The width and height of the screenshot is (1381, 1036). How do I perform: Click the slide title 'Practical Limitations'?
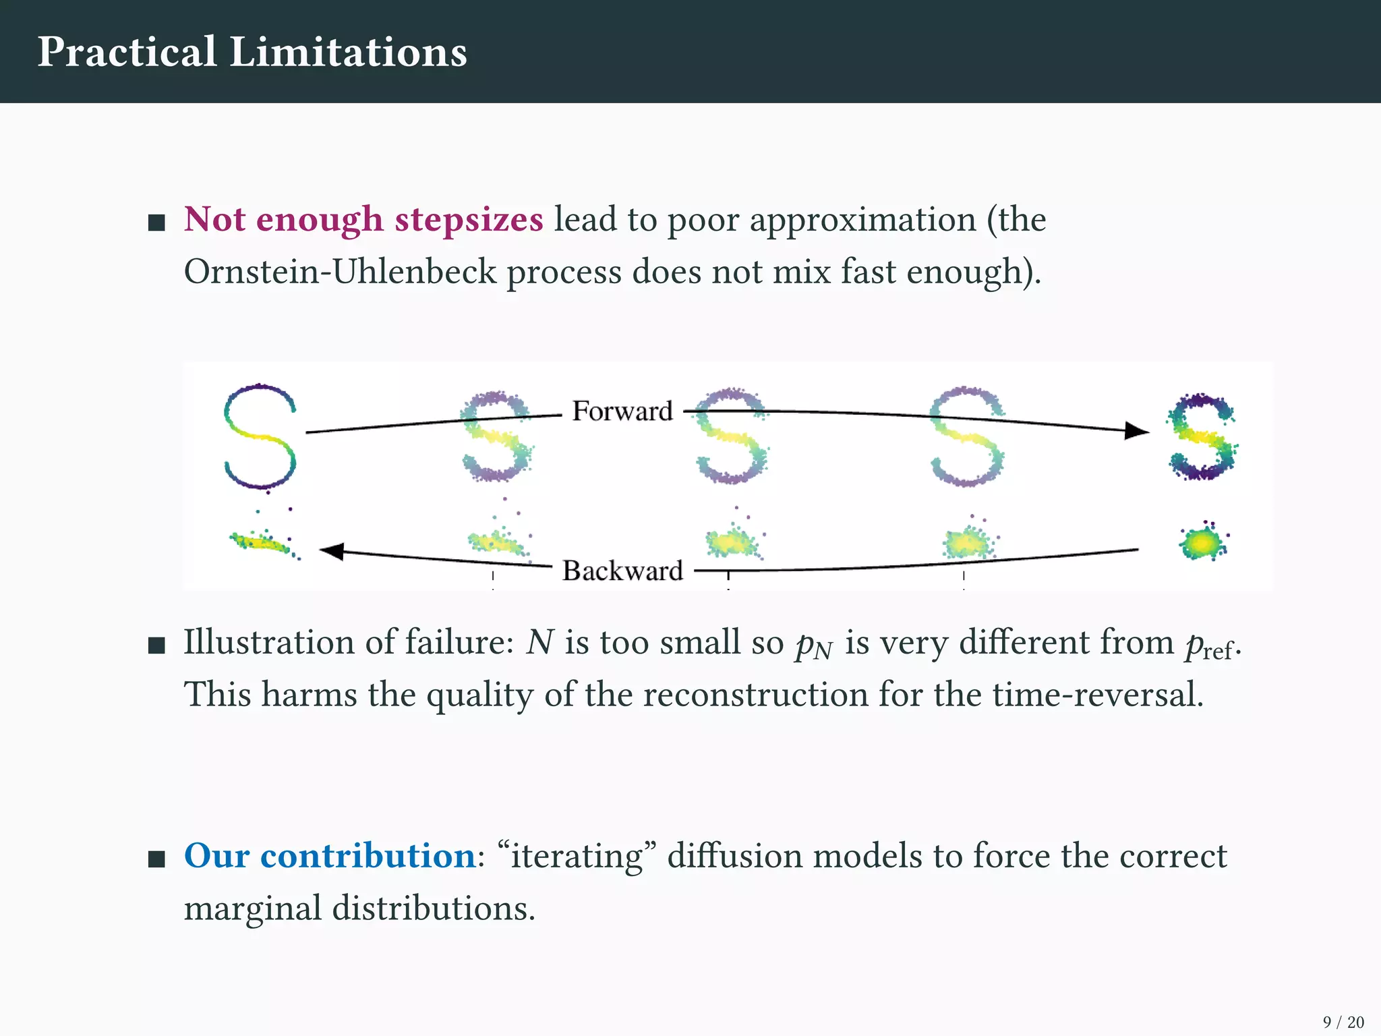click(x=252, y=52)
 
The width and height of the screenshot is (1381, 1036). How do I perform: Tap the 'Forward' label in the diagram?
click(x=622, y=411)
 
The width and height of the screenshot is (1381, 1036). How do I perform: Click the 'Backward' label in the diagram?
click(x=622, y=571)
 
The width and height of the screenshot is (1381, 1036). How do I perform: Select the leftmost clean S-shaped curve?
click(x=260, y=436)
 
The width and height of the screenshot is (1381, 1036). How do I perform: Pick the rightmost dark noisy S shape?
click(x=1202, y=437)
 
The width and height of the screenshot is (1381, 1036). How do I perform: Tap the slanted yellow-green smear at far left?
click(x=262, y=542)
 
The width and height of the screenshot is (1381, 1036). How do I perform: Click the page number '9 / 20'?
click(x=1343, y=1023)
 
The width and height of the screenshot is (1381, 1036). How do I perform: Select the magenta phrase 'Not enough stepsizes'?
click(x=363, y=220)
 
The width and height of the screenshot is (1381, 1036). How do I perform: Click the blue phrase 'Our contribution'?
click(x=330, y=856)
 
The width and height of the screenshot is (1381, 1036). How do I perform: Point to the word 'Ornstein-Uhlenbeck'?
click(x=340, y=272)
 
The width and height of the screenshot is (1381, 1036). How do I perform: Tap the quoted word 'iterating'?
click(x=577, y=857)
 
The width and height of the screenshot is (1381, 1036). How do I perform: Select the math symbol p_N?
click(x=814, y=645)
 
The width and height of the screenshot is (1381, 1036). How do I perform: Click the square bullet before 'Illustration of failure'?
click(x=156, y=646)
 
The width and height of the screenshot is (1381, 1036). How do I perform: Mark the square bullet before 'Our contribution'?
click(x=156, y=859)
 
